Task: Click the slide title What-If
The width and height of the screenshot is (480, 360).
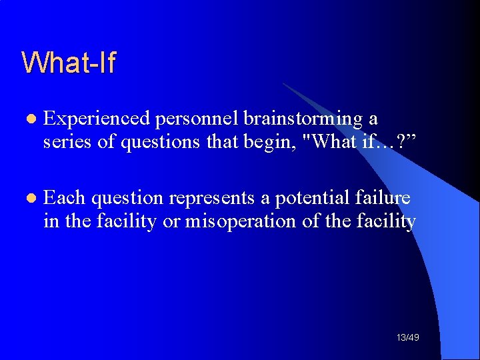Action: point(69,63)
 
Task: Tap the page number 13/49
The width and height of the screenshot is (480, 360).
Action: point(407,338)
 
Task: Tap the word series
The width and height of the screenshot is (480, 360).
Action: point(61,142)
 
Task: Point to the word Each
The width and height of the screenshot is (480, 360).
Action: point(64,198)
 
